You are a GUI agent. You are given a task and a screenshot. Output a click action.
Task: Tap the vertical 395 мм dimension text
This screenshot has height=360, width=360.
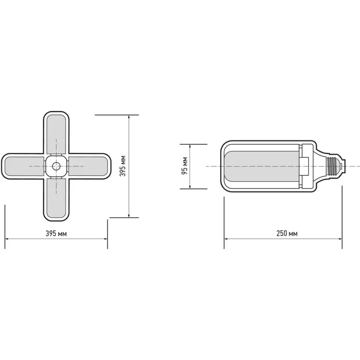click(123, 166)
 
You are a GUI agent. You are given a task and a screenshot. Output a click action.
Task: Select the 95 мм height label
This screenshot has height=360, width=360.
click(185, 166)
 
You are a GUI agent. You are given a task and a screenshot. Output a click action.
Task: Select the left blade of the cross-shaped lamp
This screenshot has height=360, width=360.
click(24, 166)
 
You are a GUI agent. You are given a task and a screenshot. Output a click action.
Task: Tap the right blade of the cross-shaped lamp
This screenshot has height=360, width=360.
click(88, 166)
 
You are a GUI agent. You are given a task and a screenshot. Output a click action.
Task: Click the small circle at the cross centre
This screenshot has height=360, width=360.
click(57, 166)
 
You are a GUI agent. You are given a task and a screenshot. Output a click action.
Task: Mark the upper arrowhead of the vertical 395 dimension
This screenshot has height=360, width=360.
click(129, 117)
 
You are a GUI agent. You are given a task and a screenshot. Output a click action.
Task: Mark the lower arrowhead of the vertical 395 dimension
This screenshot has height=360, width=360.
click(129, 216)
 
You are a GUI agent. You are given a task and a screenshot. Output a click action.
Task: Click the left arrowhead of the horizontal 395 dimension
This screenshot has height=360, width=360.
click(7, 239)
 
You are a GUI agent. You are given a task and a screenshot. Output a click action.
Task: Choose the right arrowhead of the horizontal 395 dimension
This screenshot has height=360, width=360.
click(106, 239)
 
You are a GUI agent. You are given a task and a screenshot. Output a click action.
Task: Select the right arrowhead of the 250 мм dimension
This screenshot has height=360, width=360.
click(340, 239)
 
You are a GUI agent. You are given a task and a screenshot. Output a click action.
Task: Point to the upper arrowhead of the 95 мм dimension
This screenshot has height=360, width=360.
click(191, 145)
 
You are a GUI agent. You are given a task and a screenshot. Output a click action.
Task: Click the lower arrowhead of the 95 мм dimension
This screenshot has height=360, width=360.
click(191, 187)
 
